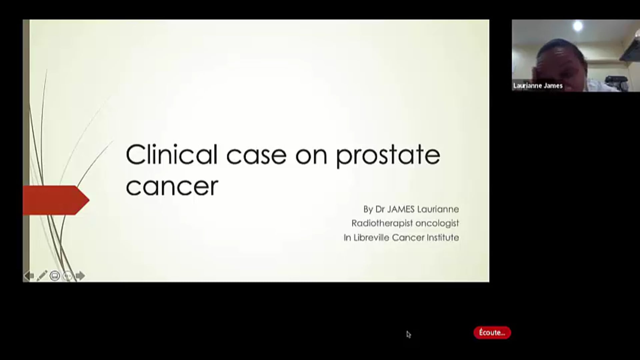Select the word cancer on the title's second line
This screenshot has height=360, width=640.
pyautogui.click(x=172, y=186)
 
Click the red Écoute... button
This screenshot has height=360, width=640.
pyautogui.click(x=492, y=333)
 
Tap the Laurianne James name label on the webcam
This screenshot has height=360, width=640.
pyautogui.click(x=538, y=86)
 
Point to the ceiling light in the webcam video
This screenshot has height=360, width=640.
pyautogui.click(x=578, y=26)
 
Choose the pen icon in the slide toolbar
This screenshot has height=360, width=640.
pyautogui.click(x=42, y=276)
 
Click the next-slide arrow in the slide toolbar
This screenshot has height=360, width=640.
pyautogui.click(x=80, y=276)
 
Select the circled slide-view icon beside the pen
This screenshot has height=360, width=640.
pyautogui.click(x=55, y=276)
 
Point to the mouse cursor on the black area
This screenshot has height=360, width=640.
pyautogui.click(x=408, y=334)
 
